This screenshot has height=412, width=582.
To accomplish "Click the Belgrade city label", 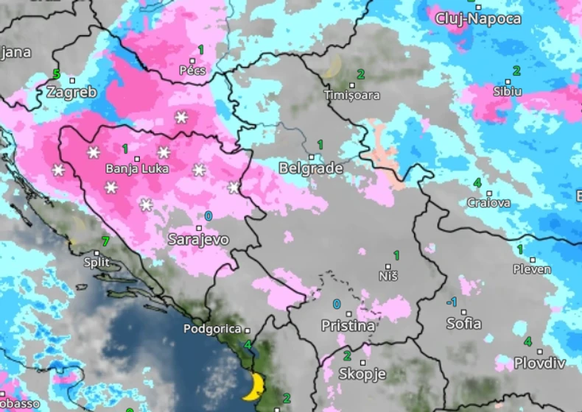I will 310,168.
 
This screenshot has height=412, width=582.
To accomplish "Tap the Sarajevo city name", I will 198,240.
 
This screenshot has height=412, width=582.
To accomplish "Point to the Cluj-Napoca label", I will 478,18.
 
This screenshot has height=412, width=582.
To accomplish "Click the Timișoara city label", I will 352,96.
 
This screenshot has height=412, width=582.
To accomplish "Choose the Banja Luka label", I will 137,168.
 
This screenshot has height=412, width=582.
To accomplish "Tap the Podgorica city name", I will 212,330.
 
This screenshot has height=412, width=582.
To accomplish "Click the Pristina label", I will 348,325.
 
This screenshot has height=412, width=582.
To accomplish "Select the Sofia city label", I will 464,324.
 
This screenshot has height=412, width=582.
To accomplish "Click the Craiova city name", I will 488,202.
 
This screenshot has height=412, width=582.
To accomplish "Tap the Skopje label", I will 362,374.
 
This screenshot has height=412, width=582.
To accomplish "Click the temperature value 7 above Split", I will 105,241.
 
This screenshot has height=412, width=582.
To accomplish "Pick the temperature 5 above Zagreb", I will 56,74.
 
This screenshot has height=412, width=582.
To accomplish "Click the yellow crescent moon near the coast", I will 255,386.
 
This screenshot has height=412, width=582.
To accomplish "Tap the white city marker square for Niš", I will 388,266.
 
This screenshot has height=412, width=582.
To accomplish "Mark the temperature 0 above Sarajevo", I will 208,216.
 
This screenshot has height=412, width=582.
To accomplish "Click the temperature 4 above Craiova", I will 477,182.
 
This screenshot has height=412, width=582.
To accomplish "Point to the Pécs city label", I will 192,71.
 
